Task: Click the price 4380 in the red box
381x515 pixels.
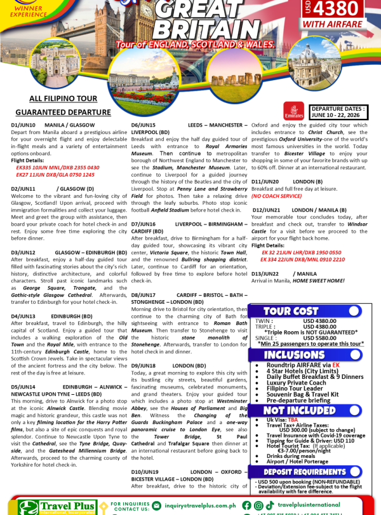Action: pos(344,10)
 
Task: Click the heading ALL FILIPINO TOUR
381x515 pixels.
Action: pos(63,99)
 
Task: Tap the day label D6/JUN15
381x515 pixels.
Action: pos(143,125)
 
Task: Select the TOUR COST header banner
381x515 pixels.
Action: pos(291,311)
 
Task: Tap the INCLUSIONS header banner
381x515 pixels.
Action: pos(294,355)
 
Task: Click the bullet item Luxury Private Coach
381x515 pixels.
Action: pos(296,383)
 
